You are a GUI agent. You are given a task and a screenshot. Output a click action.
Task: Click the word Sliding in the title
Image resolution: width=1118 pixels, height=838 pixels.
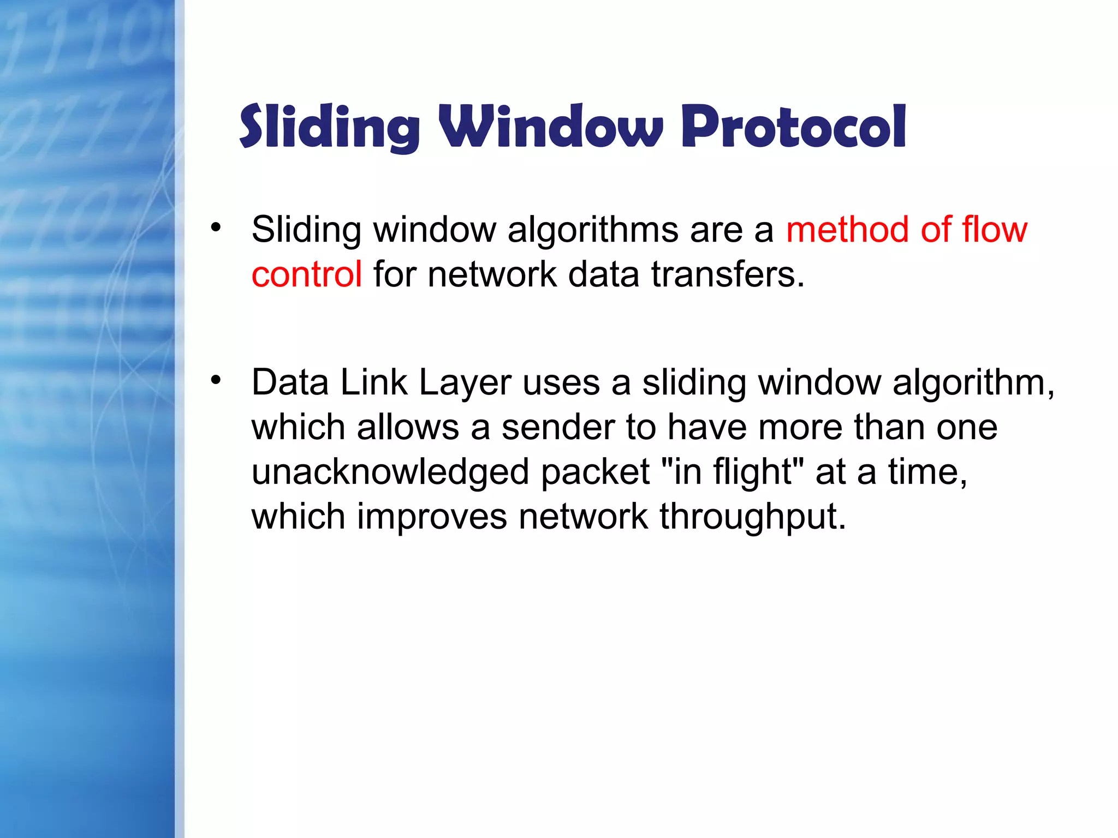329,127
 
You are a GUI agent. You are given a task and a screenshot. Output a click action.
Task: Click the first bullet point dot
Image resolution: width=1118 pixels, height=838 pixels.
216,227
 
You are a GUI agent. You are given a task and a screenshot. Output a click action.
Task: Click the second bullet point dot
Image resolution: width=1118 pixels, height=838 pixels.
216,380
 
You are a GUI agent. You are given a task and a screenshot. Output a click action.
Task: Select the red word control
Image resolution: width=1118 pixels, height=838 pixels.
306,274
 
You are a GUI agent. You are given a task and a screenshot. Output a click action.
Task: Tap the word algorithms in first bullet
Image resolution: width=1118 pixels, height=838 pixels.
593,230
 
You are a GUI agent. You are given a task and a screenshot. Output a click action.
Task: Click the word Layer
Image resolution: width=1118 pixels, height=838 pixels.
465,383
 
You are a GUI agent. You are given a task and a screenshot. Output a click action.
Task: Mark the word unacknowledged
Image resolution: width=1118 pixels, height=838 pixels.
390,472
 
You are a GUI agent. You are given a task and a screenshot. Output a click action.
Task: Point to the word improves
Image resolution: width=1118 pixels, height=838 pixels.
431,517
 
